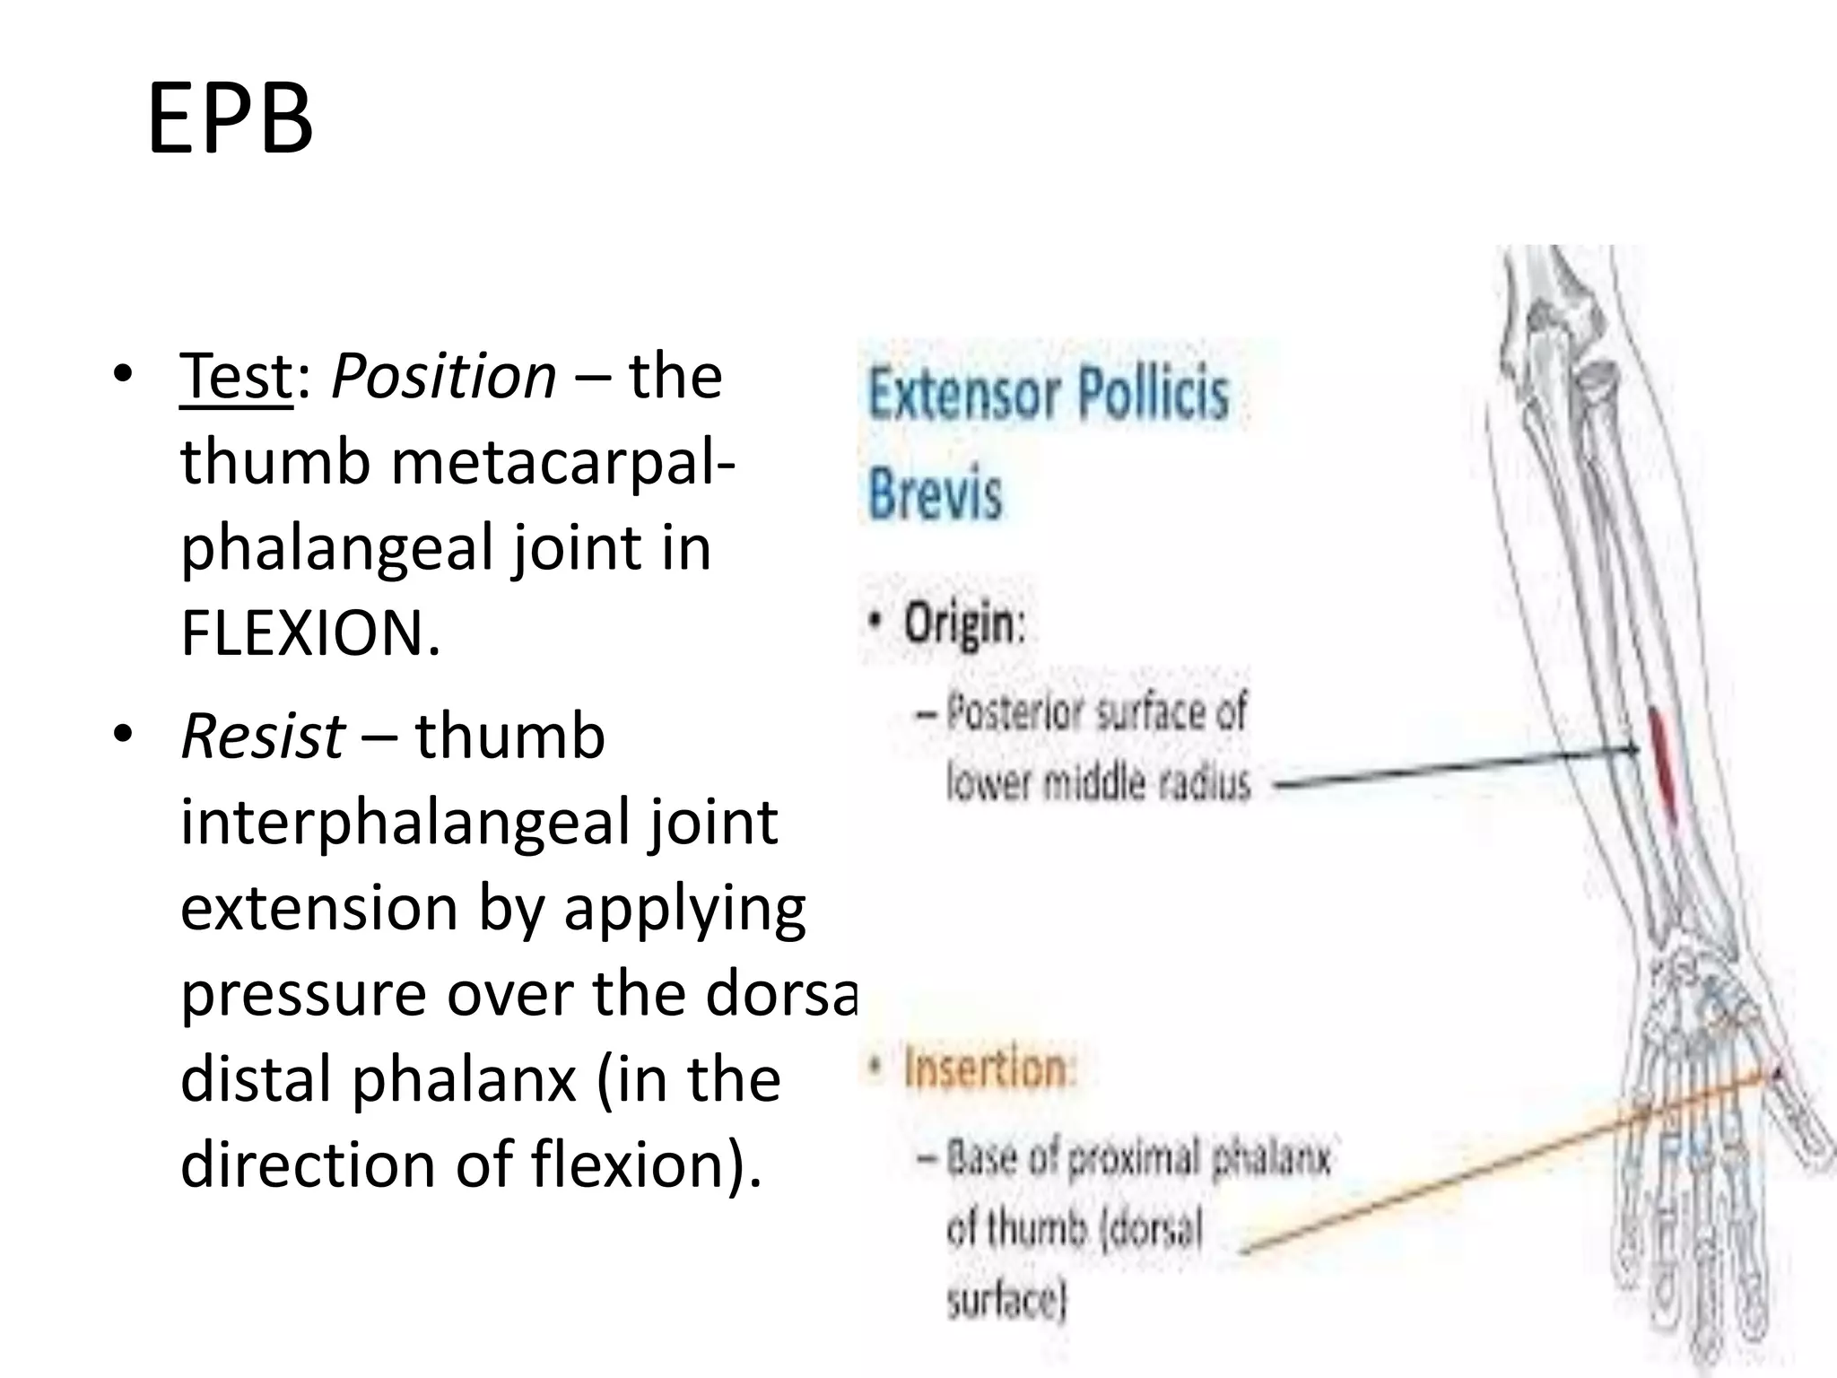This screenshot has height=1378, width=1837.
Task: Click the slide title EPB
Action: (x=230, y=119)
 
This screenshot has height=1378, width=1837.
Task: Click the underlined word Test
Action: (x=236, y=377)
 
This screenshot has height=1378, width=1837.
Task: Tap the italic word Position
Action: (x=444, y=377)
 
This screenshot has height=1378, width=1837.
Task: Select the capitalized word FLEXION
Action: (x=310, y=634)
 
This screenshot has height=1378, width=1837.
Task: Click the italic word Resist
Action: (x=263, y=736)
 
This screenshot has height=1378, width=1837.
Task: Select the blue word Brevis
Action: (x=935, y=494)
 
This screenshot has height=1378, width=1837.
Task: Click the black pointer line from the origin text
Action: (x=1453, y=768)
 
